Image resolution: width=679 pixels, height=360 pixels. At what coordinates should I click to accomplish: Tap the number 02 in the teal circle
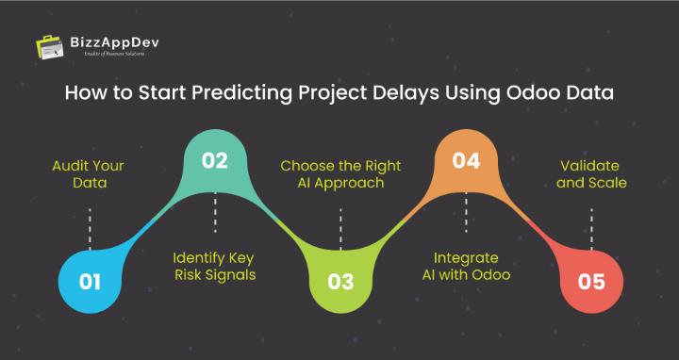click(x=215, y=160)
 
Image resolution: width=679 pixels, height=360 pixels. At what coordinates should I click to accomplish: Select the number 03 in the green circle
click(x=340, y=280)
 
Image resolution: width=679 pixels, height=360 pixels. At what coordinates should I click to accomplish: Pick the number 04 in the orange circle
click(x=466, y=160)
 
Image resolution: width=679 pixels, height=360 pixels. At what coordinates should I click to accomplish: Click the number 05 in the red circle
click(x=591, y=280)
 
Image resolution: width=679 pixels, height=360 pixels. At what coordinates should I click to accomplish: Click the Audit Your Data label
click(x=89, y=174)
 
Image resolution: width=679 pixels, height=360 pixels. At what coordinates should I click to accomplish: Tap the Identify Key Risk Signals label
click(x=215, y=266)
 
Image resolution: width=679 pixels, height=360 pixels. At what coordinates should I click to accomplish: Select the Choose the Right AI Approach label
click(x=340, y=174)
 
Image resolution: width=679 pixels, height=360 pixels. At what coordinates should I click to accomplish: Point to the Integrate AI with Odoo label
click(x=466, y=266)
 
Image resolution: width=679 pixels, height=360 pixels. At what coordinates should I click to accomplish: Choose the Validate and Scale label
click(x=591, y=174)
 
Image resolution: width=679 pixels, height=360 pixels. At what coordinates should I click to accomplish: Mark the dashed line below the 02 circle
click(x=215, y=213)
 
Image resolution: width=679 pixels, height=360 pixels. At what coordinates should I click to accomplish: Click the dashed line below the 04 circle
click(x=466, y=213)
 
